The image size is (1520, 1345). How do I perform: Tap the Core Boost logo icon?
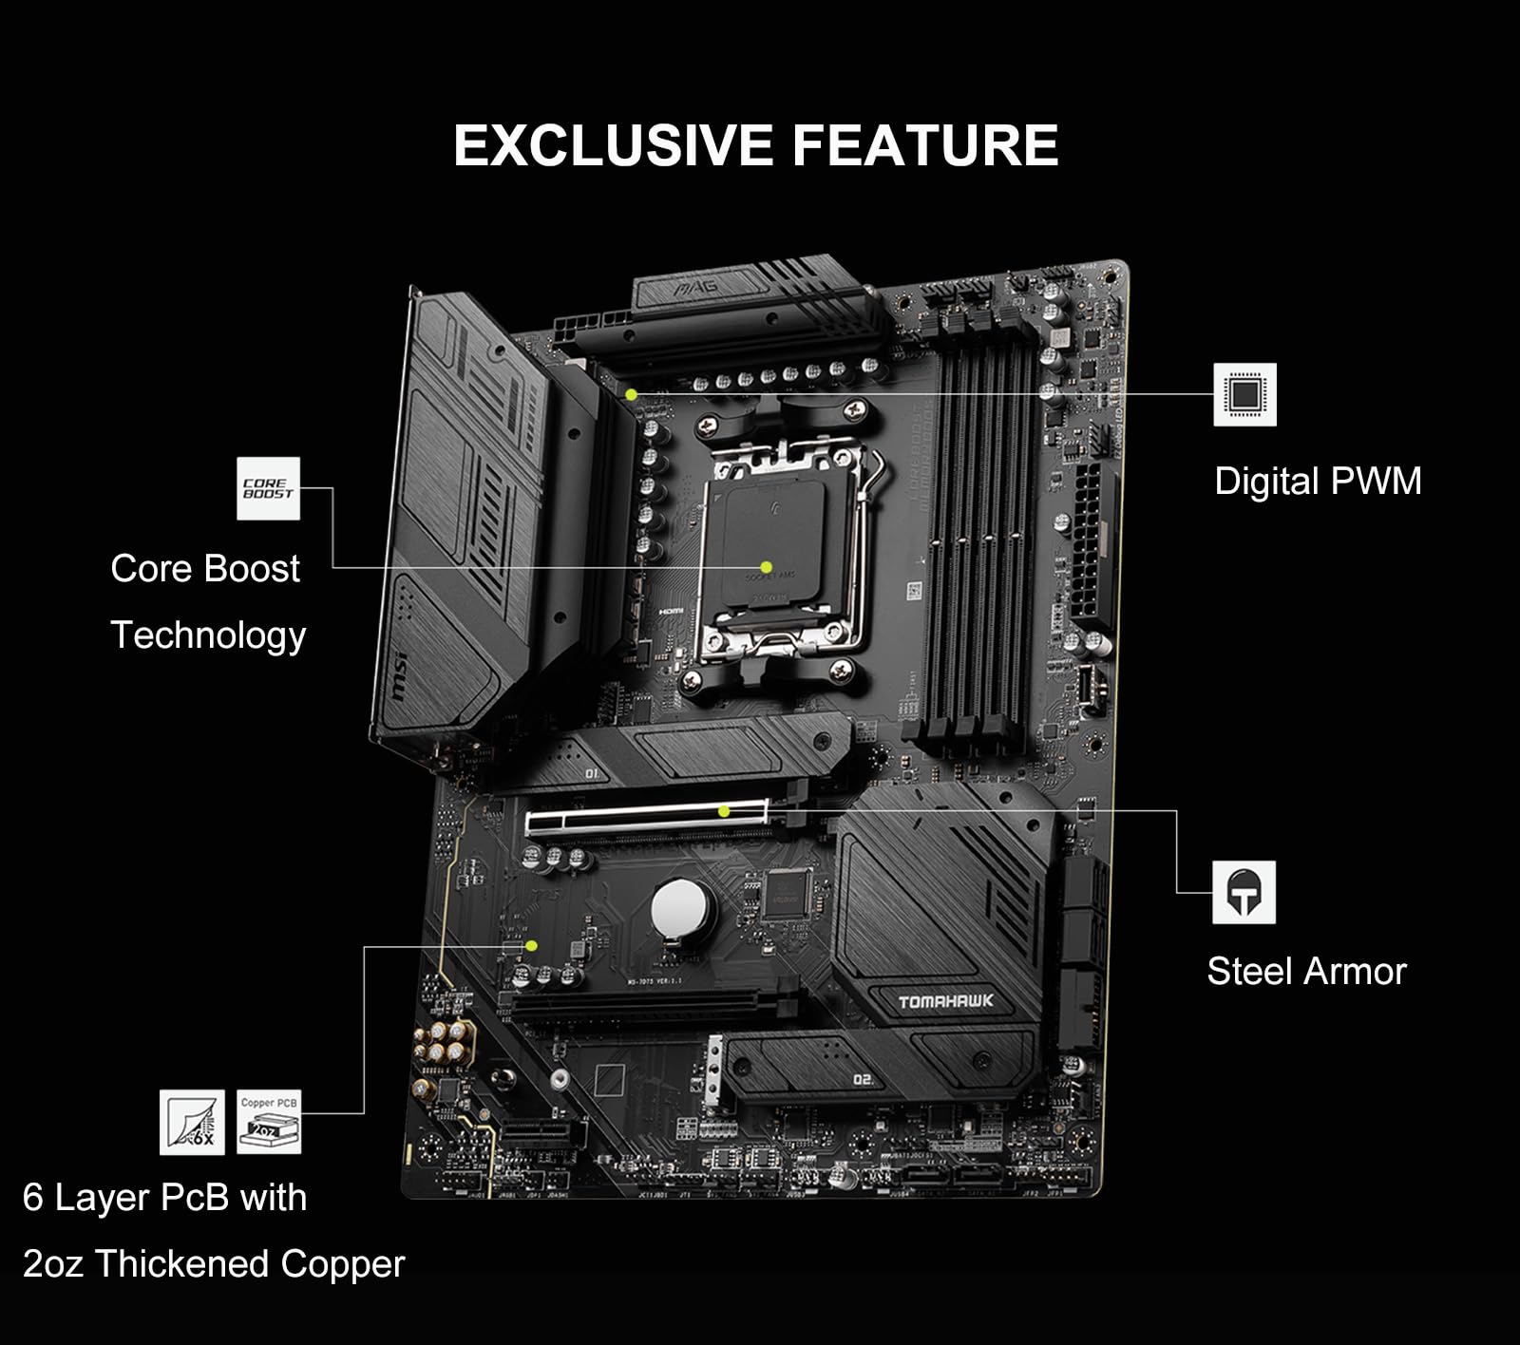coord(268,488)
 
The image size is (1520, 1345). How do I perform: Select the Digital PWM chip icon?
coord(1244,394)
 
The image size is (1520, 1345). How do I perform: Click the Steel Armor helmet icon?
coord(1244,892)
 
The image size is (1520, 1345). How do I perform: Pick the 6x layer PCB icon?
coord(192,1122)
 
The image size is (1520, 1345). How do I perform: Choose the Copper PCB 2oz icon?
coord(269,1122)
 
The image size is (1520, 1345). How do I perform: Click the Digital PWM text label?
coord(1318,481)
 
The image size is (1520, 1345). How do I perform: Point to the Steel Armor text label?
coord(1306,971)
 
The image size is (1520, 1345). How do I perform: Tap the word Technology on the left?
coord(208,635)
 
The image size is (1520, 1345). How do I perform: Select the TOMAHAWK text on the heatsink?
coord(945,1001)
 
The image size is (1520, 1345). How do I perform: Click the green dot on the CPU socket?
coord(766,567)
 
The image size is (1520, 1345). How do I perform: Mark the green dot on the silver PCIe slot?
coord(724,811)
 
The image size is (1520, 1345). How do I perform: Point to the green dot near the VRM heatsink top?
coord(631,393)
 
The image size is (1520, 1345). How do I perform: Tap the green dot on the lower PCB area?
coord(532,945)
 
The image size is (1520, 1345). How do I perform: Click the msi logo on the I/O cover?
coord(397,675)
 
